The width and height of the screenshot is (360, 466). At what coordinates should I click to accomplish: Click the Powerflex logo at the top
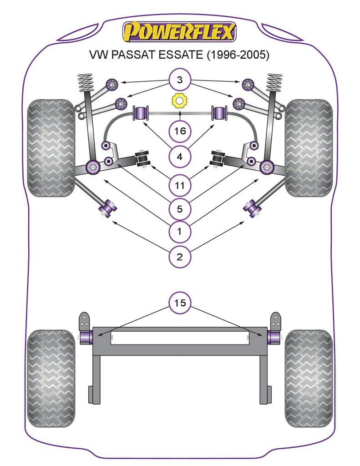point(180,32)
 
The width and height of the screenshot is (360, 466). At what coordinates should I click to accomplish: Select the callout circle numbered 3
point(180,81)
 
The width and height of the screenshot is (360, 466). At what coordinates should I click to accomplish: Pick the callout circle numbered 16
point(180,132)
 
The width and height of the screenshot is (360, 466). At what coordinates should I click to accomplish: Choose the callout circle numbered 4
point(180,157)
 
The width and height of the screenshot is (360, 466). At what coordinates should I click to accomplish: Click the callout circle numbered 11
point(180,185)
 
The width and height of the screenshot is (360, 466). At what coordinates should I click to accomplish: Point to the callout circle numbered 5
point(180,209)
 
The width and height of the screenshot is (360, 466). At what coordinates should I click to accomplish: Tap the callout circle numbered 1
point(180,232)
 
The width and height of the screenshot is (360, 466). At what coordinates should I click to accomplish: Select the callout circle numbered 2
point(180,257)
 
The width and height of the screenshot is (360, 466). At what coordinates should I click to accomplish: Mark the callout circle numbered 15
point(180,303)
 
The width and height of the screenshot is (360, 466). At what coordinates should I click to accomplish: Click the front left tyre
point(51,148)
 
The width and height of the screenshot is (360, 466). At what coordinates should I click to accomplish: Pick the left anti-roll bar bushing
point(141,113)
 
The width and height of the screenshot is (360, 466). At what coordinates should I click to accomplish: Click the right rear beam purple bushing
point(273,337)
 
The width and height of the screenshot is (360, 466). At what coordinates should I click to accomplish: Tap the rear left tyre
point(51,378)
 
